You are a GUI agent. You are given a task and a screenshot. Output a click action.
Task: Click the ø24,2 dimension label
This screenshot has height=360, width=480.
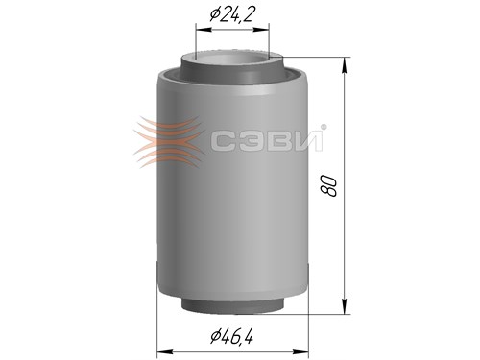click(x=233, y=13)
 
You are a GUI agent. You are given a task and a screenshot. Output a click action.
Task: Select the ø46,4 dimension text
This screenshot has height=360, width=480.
click(x=232, y=336)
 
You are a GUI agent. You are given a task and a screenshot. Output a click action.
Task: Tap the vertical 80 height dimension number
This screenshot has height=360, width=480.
click(x=329, y=185)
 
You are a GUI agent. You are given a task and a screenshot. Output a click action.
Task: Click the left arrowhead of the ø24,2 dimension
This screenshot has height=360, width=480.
click(x=204, y=30)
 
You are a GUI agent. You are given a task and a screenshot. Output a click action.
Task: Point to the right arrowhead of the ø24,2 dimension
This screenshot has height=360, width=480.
click(x=261, y=30)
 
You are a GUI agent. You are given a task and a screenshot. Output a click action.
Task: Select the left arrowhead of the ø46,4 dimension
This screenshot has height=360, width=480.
click(x=165, y=352)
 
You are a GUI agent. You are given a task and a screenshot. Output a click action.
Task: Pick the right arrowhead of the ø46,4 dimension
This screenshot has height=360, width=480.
click(x=300, y=352)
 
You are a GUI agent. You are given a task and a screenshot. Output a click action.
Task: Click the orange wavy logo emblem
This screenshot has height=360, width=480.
click(x=169, y=142)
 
